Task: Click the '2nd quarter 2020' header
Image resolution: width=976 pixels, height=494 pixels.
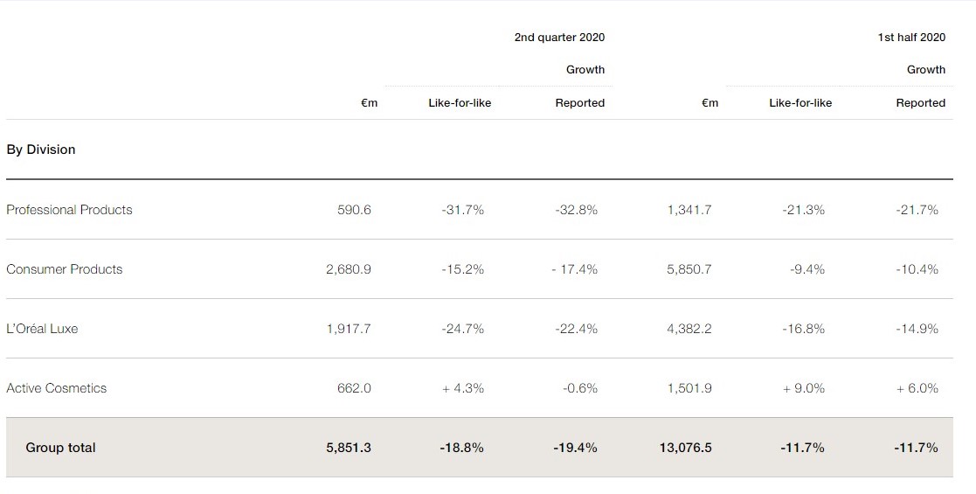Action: (559, 37)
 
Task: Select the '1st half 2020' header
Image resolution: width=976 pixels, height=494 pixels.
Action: (911, 37)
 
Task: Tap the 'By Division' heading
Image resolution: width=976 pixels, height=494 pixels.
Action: (41, 150)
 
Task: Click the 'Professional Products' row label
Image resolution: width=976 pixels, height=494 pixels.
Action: (69, 210)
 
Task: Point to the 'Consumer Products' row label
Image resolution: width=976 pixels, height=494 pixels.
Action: (65, 269)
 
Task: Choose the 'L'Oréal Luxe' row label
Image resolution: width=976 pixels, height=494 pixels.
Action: (42, 329)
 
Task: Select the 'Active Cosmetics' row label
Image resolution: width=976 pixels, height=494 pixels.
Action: (57, 388)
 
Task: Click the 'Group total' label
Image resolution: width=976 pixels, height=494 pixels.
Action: (60, 448)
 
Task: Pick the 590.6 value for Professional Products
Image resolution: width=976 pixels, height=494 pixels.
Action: (354, 210)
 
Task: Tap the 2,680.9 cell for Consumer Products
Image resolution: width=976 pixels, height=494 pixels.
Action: (348, 269)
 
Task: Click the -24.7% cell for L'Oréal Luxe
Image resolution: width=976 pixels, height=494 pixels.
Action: (462, 329)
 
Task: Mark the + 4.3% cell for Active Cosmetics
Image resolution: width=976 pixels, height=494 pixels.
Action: (462, 388)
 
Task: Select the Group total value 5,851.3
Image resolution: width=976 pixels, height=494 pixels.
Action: (348, 448)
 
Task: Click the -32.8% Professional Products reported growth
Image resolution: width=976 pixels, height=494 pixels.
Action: (576, 210)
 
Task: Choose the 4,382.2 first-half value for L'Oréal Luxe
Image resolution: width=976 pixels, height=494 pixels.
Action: (689, 329)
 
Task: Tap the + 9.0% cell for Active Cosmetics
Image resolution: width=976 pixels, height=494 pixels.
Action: (803, 388)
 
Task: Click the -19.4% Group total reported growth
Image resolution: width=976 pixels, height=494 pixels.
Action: (575, 448)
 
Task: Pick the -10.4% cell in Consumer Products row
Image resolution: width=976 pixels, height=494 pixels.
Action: (917, 269)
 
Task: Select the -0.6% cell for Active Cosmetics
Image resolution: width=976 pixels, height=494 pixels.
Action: (580, 388)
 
